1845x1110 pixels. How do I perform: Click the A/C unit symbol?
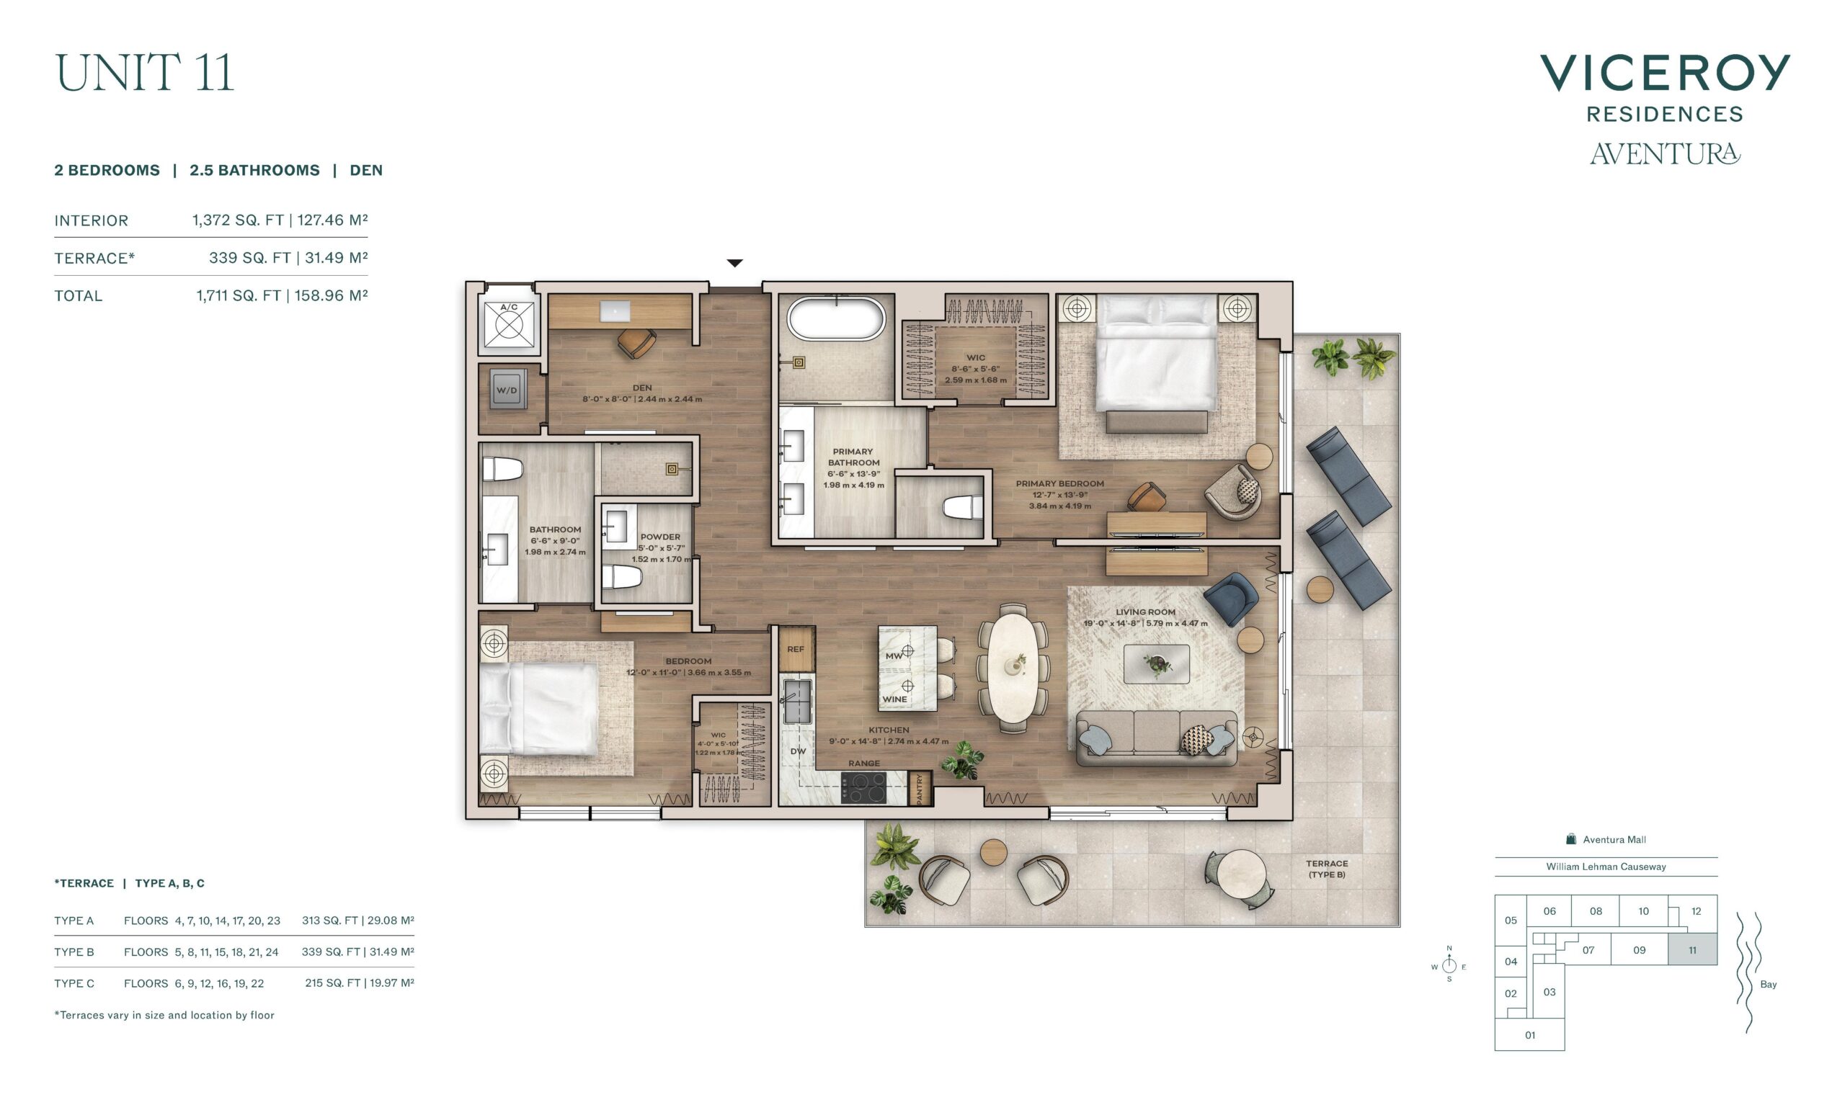click(x=509, y=325)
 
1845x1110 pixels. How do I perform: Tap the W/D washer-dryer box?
click(x=507, y=390)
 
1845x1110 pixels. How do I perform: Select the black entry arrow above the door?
click(x=734, y=262)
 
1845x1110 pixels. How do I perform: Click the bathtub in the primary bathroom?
click(x=835, y=319)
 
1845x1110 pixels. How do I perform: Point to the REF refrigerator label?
click(x=796, y=649)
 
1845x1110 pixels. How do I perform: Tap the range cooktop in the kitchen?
click(x=863, y=787)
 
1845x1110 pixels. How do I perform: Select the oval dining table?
click(x=1013, y=668)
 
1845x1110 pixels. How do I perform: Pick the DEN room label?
click(x=642, y=388)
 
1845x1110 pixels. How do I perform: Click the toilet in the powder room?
click(x=623, y=577)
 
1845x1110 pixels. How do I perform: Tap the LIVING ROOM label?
click(x=1144, y=612)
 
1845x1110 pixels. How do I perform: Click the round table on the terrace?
click(x=1240, y=874)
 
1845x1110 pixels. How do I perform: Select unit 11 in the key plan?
click(x=1692, y=950)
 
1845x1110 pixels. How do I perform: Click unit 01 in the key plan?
click(x=1529, y=1034)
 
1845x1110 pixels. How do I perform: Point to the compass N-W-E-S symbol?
click(x=1449, y=964)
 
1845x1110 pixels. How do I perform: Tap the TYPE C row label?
click(x=74, y=984)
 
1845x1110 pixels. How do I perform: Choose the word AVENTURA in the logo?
click(x=1665, y=153)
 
